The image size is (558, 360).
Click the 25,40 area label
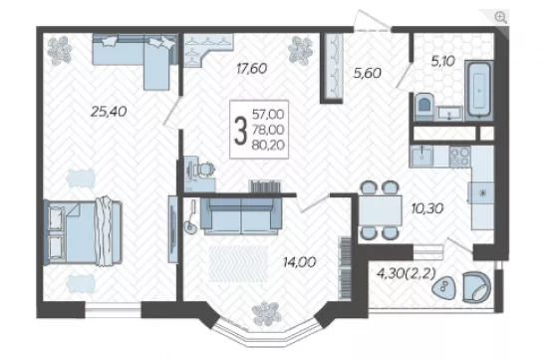pos(109,112)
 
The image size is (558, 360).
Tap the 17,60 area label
pos(251,69)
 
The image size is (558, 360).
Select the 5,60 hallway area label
pos(368,73)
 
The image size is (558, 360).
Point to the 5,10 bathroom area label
pos(443,61)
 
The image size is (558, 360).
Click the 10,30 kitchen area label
pos(427,208)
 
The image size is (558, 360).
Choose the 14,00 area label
pos(299,262)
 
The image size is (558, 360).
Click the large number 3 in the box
pos(240,131)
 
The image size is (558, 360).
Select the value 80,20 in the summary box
pos(268,145)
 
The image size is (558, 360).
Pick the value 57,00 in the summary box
pos(268,115)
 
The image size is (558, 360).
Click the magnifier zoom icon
pos(500,17)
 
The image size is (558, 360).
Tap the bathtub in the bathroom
pos(479,90)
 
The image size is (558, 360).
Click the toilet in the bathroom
pos(424,106)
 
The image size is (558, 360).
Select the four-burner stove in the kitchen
pos(459,157)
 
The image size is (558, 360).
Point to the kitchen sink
pos(421,156)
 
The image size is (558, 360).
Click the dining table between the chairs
pos(380,210)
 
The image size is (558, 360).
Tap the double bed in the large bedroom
pos(83,232)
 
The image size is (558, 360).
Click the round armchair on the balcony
pos(476,287)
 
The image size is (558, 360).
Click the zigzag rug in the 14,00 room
pos(239,263)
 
